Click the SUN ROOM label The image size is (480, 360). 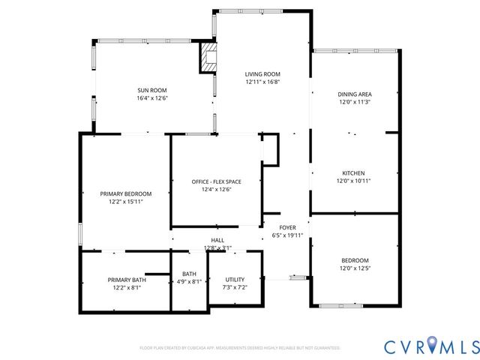[x=151, y=89]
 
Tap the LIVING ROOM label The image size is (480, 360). [x=262, y=73]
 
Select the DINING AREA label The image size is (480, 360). [x=355, y=94]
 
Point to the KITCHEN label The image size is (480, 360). [x=355, y=171]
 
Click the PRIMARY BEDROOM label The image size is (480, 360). [x=126, y=193]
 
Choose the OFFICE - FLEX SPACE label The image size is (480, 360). [x=215, y=181]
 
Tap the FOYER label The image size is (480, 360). [x=288, y=227]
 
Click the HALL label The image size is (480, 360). [x=217, y=239]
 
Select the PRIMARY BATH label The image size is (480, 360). [x=126, y=279]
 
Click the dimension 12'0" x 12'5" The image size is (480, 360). [x=355, y=268]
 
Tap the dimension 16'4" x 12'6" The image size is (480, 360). [x=151, y=98]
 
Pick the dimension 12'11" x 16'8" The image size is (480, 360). [x=262, y=82]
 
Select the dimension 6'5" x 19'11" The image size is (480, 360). [x=288, y=235]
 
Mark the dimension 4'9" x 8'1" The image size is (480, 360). [x=187, y=282]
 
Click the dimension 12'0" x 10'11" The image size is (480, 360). [x=355, y=180]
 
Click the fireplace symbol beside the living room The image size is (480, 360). [x=208, y=58]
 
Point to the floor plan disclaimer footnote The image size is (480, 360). [x=240, y=348]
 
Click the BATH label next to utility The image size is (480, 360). [x=188, y=274]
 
